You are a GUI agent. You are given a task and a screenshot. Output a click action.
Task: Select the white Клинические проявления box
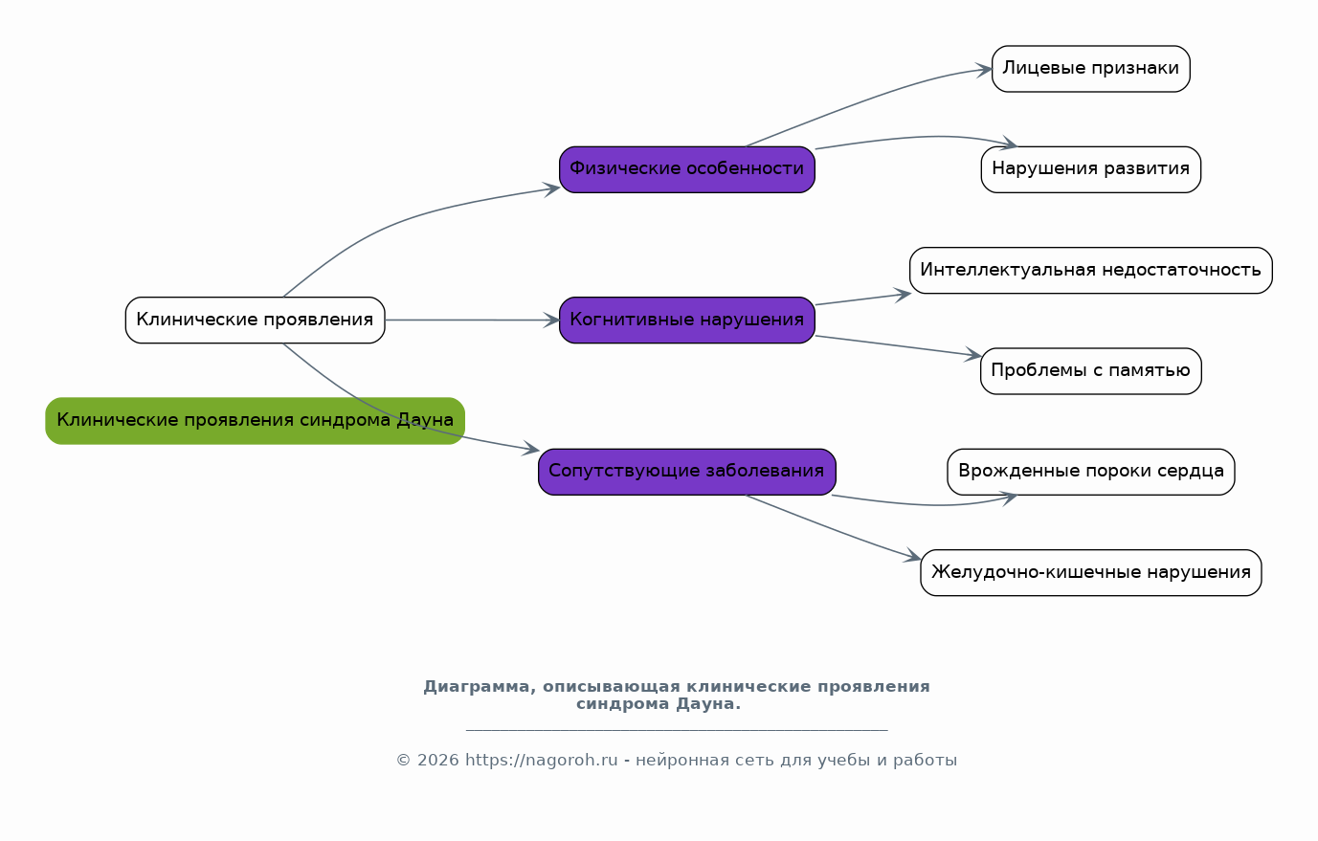point(255,320)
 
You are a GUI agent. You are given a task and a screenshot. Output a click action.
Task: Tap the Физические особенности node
point(686,169)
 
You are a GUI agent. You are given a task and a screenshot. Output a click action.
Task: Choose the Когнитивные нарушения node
point(686,320)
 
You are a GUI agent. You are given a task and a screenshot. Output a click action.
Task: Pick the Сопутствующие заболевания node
point(686,472)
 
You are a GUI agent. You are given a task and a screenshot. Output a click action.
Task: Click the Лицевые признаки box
point(1090,69)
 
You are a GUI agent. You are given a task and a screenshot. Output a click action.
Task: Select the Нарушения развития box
point(1090,169)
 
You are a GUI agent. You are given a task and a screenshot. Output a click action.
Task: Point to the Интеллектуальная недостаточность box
point(1090,271)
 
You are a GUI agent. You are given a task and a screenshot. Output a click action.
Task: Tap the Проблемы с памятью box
point(1090,371)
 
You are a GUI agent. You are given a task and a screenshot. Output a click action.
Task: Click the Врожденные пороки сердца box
point(1090,472)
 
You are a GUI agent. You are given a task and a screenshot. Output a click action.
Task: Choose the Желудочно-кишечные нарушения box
point(1090,573)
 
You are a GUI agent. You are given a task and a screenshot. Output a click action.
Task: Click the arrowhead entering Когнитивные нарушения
point(552,320)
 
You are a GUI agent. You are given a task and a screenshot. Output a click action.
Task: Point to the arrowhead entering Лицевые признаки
point(985,69)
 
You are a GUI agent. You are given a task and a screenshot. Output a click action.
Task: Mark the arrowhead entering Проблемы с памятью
point(974,356)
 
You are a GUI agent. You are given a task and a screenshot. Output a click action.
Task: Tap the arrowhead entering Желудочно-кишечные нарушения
point(913,558)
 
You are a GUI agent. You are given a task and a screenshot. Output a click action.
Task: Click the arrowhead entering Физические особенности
point(552,188)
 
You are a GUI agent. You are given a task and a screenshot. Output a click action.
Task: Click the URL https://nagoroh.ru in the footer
point(541,761)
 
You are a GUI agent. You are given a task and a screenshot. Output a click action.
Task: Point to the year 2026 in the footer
point(437,761)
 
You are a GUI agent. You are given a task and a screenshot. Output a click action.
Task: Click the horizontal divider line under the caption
point(676,730)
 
